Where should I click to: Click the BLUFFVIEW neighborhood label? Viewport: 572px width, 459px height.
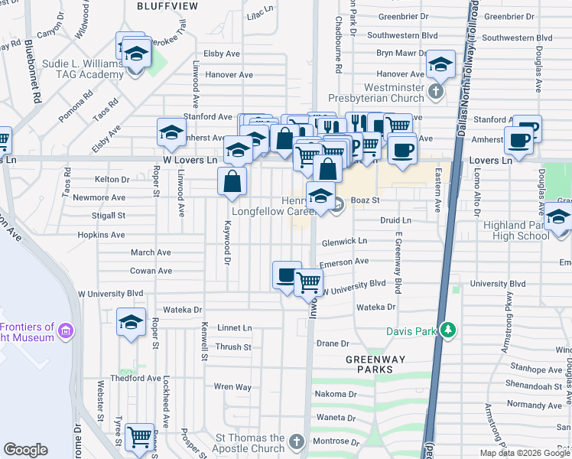click(x=167, y=6)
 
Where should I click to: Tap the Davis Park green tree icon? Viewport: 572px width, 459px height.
click(x=448, y=330)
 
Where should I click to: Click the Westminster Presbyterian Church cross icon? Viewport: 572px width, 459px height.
click(x=435, y=92)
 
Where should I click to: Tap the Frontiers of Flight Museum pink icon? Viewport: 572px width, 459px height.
click(x=66, y=331)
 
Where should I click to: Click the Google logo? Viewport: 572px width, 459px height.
click(x=25, y=450)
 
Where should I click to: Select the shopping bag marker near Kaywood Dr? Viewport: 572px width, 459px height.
click(x=232, y=181)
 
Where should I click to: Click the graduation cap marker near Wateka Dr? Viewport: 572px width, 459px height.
click(x=131, y=323)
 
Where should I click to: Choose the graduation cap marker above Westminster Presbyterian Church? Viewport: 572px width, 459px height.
click(x=440, y=65)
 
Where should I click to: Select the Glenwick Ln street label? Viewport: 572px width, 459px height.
click(x=343, y=240)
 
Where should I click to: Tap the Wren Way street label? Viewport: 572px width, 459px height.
click(x=232, y=387)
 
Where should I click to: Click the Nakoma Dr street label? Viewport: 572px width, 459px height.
click(x=336, y=395)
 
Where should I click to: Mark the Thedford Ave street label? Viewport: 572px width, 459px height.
click(x=127, y=378)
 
